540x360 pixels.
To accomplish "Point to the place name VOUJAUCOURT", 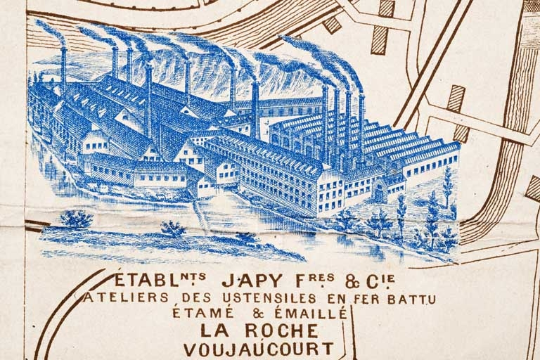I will (x=259, y=348).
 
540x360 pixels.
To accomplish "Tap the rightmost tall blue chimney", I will (x=361, y=127).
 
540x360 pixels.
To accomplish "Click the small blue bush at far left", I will (x=76, y=219).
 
